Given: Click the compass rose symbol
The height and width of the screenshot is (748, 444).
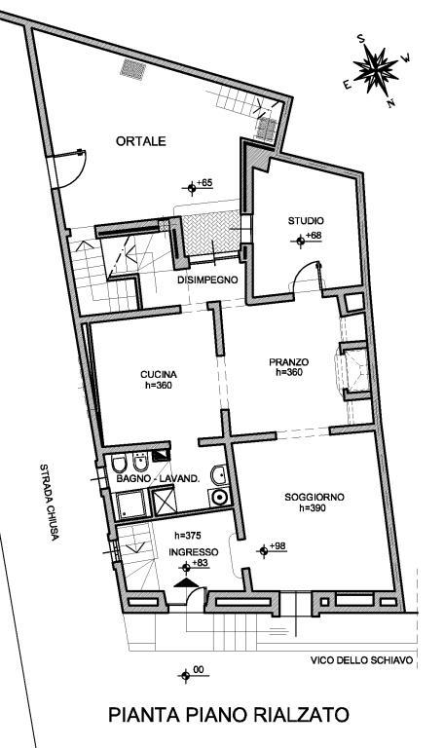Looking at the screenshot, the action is [x=376, y=70].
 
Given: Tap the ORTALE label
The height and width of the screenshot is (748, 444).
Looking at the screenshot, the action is [x=141, y=141].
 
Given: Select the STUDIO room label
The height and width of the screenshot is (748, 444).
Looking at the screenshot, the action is [x=306, y=221].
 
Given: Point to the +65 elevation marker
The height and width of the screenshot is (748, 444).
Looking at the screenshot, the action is [x=197, y=187].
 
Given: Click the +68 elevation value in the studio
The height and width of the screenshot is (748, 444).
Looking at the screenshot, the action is [x=314, y=235].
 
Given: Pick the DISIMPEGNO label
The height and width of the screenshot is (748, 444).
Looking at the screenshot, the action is [x=207, y=280].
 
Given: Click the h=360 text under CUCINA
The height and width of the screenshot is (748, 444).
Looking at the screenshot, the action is [x=159, y=386].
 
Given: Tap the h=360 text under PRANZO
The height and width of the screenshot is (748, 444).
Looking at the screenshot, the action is [x=289, y=373].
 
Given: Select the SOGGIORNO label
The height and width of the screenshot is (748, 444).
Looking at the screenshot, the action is [x=314, y=497].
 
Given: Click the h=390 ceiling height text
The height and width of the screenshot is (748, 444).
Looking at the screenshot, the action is [x=313, y=508].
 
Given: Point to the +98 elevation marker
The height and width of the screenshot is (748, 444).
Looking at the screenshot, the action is [x=272, y=549].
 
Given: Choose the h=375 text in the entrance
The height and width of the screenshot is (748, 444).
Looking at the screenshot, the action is [x=187, y=536].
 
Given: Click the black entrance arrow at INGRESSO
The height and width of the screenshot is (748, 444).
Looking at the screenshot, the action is [x=186, y=582].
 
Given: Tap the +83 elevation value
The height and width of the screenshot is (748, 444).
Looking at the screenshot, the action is [x=202, y=563].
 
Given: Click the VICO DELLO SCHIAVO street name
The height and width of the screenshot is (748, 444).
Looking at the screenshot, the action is [x=361, y=660].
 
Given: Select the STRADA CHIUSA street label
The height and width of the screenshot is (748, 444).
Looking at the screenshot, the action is [x=50, y=502].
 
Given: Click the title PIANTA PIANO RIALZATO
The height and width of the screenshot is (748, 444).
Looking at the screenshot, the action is [x=229, y=715].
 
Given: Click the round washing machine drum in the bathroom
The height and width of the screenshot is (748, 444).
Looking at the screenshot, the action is [x=219, y=498].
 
